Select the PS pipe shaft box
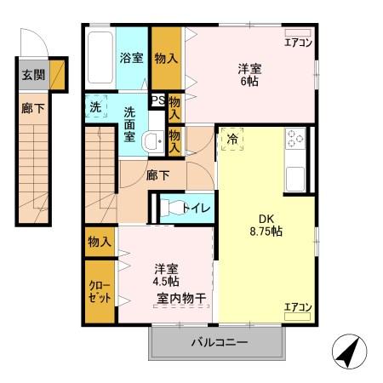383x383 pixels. pyautogui.click(x=157, y=100)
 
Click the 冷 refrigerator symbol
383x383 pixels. pyautogui.click(x=232, y=138)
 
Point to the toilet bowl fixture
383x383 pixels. pyautogui.click(x=171, y=207)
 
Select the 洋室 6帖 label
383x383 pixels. pyautogui.click(x=249, y=74)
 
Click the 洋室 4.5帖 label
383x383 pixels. pyautogui.click(x=165, y=272)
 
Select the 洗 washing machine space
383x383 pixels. pyautogui.click(x=95, y=108)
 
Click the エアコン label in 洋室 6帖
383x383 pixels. pyautogui.click(x=298, y=41)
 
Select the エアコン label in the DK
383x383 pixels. pyautogui.click(x=298, y=307)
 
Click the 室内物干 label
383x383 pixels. pyautogui.click(x=186, y=298)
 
